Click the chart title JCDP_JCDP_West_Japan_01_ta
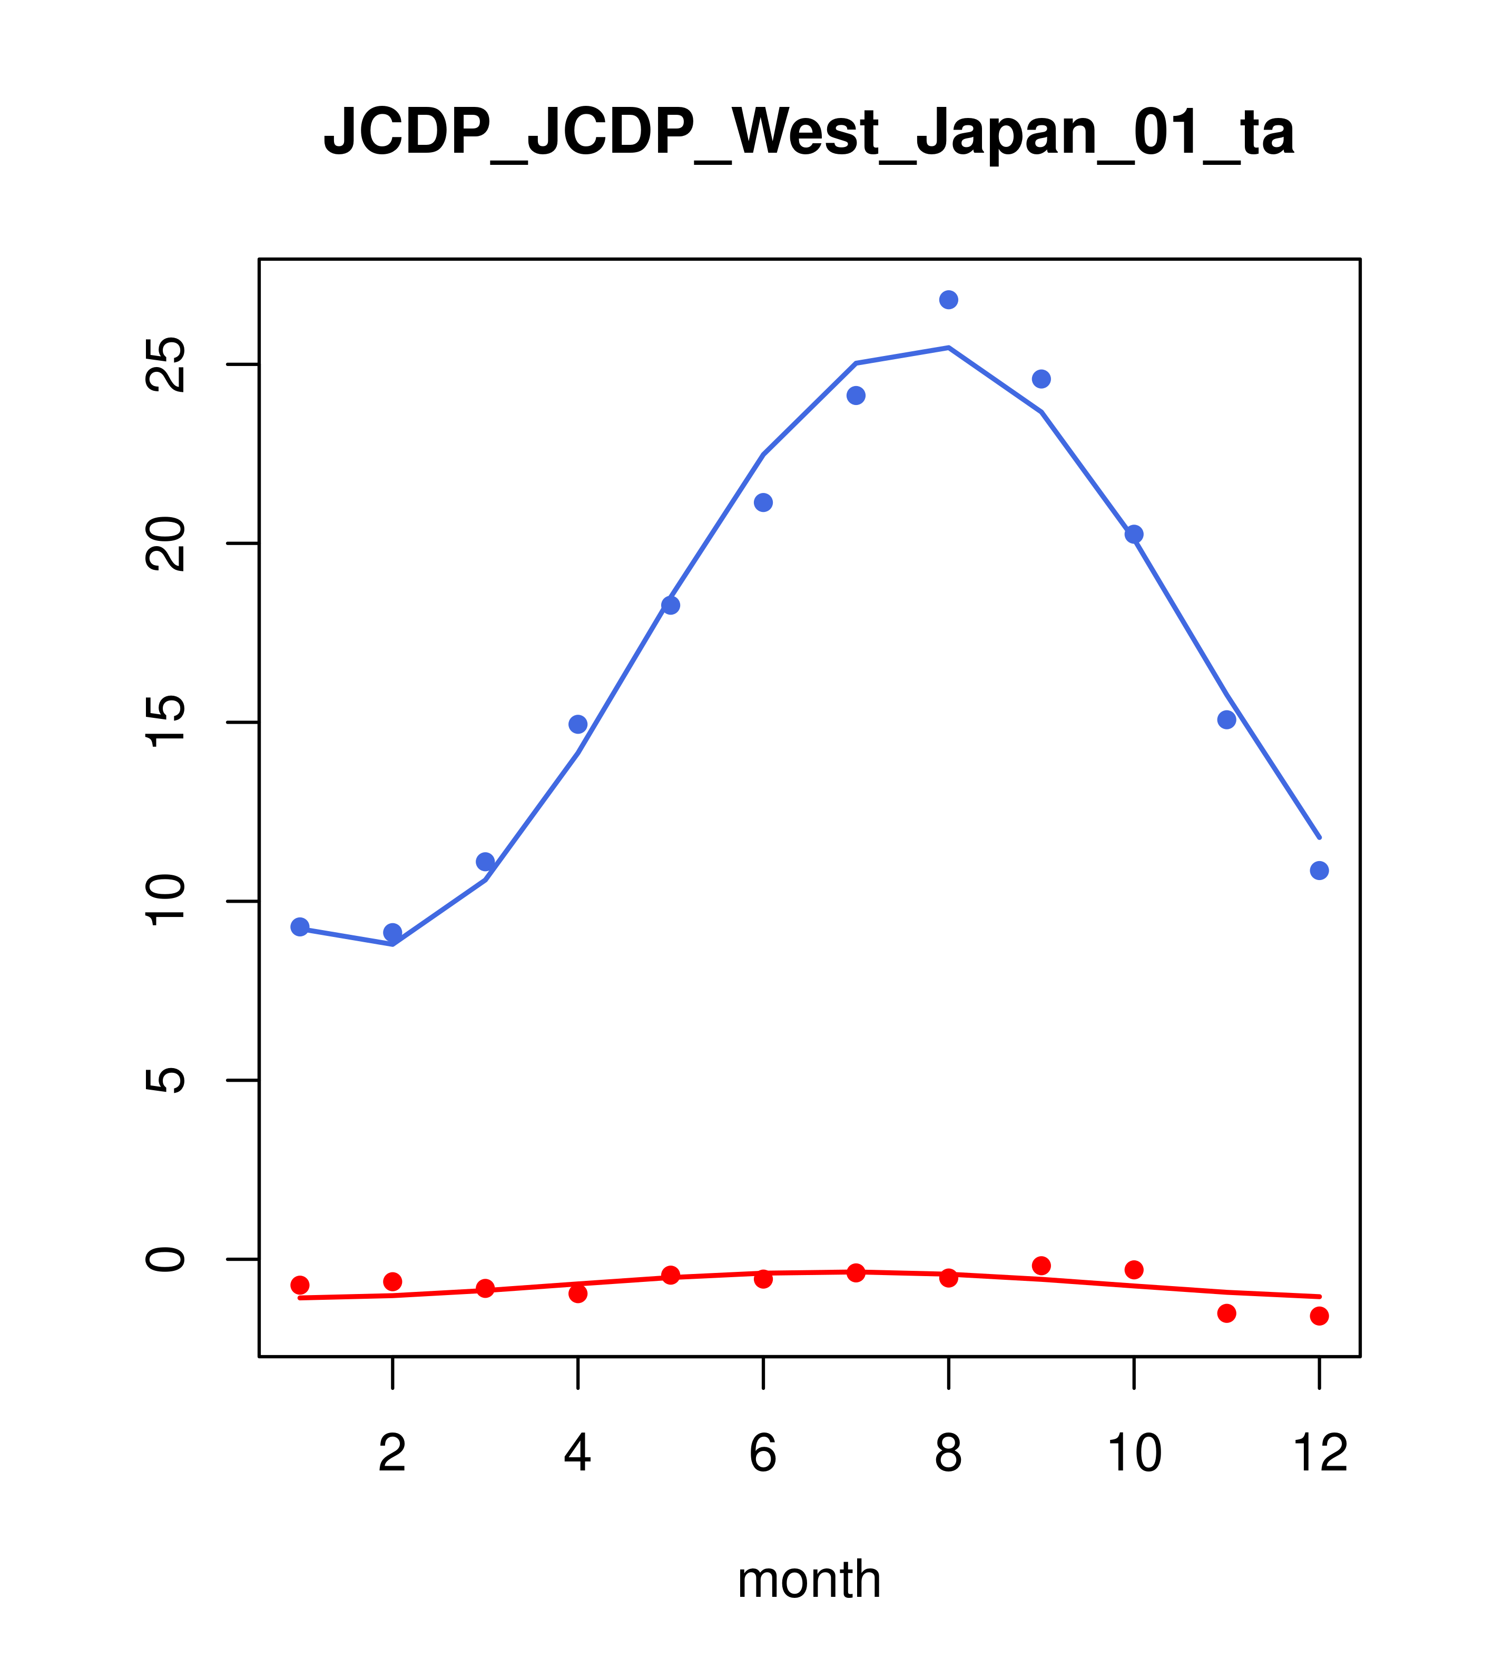pyautogui.click(x=809, y=132)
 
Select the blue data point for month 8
pyautogui.click(x=948, y=300)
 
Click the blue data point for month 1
pyautogui.click(x=300, y=926)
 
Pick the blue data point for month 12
pyautogui.click(x=1319, y=871)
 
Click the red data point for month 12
pyautogui.click(x=1319, y=1316)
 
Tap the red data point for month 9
pyautogui.click(x=1041, y=1265)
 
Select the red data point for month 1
pyautogui.click(x=300, y=1285)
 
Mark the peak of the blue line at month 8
pyautogui.click(x=948, y=348)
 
